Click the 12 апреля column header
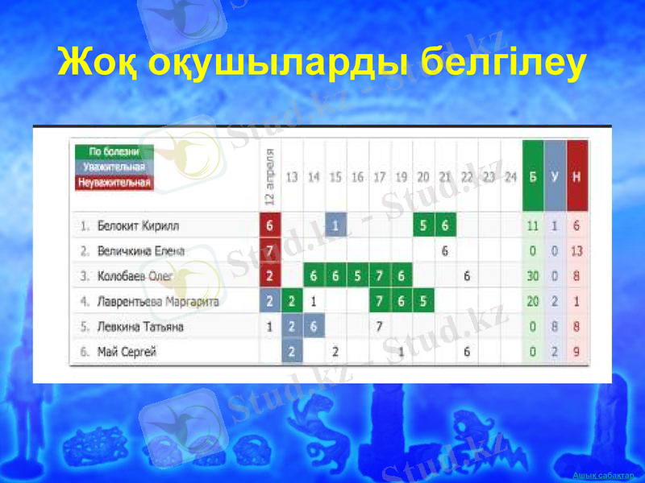point(270,175)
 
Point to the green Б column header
point(533,176)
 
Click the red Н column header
point(576,176)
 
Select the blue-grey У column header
point(555,176)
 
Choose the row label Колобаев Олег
point(135,276)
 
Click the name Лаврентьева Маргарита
point(157,302)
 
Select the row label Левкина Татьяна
point(140,327)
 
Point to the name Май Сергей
point(127,352)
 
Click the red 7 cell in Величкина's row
point(270,251)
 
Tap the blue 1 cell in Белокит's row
point(336,226)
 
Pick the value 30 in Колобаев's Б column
point(533,276)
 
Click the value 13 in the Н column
point(576,251)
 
